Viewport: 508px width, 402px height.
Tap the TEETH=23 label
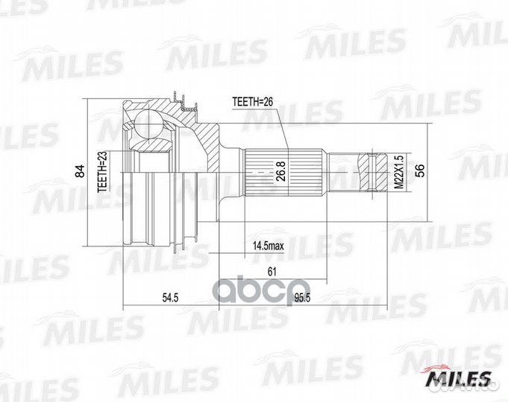[x=104, y=173]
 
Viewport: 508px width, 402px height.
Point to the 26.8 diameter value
[x=280, y=173]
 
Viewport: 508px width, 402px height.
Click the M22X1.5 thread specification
[x=399, y=173]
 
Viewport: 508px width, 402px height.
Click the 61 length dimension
[x=273, y=272]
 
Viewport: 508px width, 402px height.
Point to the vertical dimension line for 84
[x=87, y=173]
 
